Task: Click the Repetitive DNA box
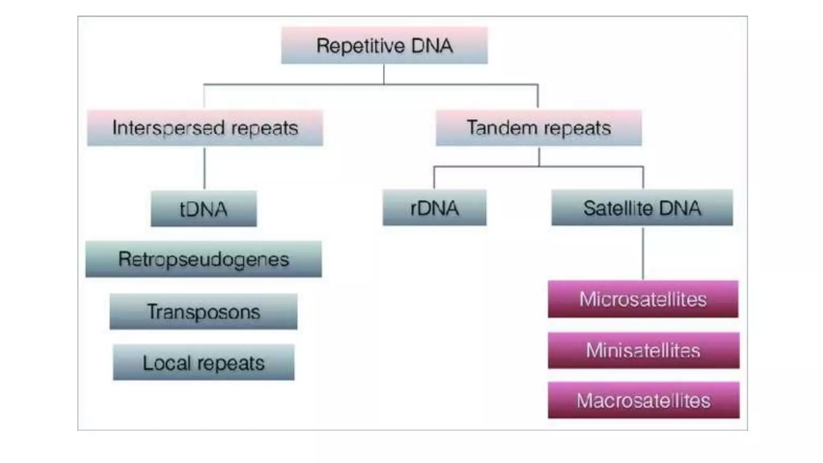pos(384,45)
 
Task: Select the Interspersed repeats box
pos(205,128)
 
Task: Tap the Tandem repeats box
pos(538,128)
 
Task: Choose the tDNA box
pos(203,209)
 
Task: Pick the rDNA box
pos(434,208)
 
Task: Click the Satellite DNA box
pos(642,208)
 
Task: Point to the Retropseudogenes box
pos(203,259)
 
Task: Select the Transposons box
pos(203,311)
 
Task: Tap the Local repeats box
pos(203,363)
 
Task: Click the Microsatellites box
pos(643,299)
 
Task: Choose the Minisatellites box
pos(643,350)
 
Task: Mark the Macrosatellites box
pos(643,400)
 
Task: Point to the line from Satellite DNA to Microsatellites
pos(643,253)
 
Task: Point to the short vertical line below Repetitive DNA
pos(384,74)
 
